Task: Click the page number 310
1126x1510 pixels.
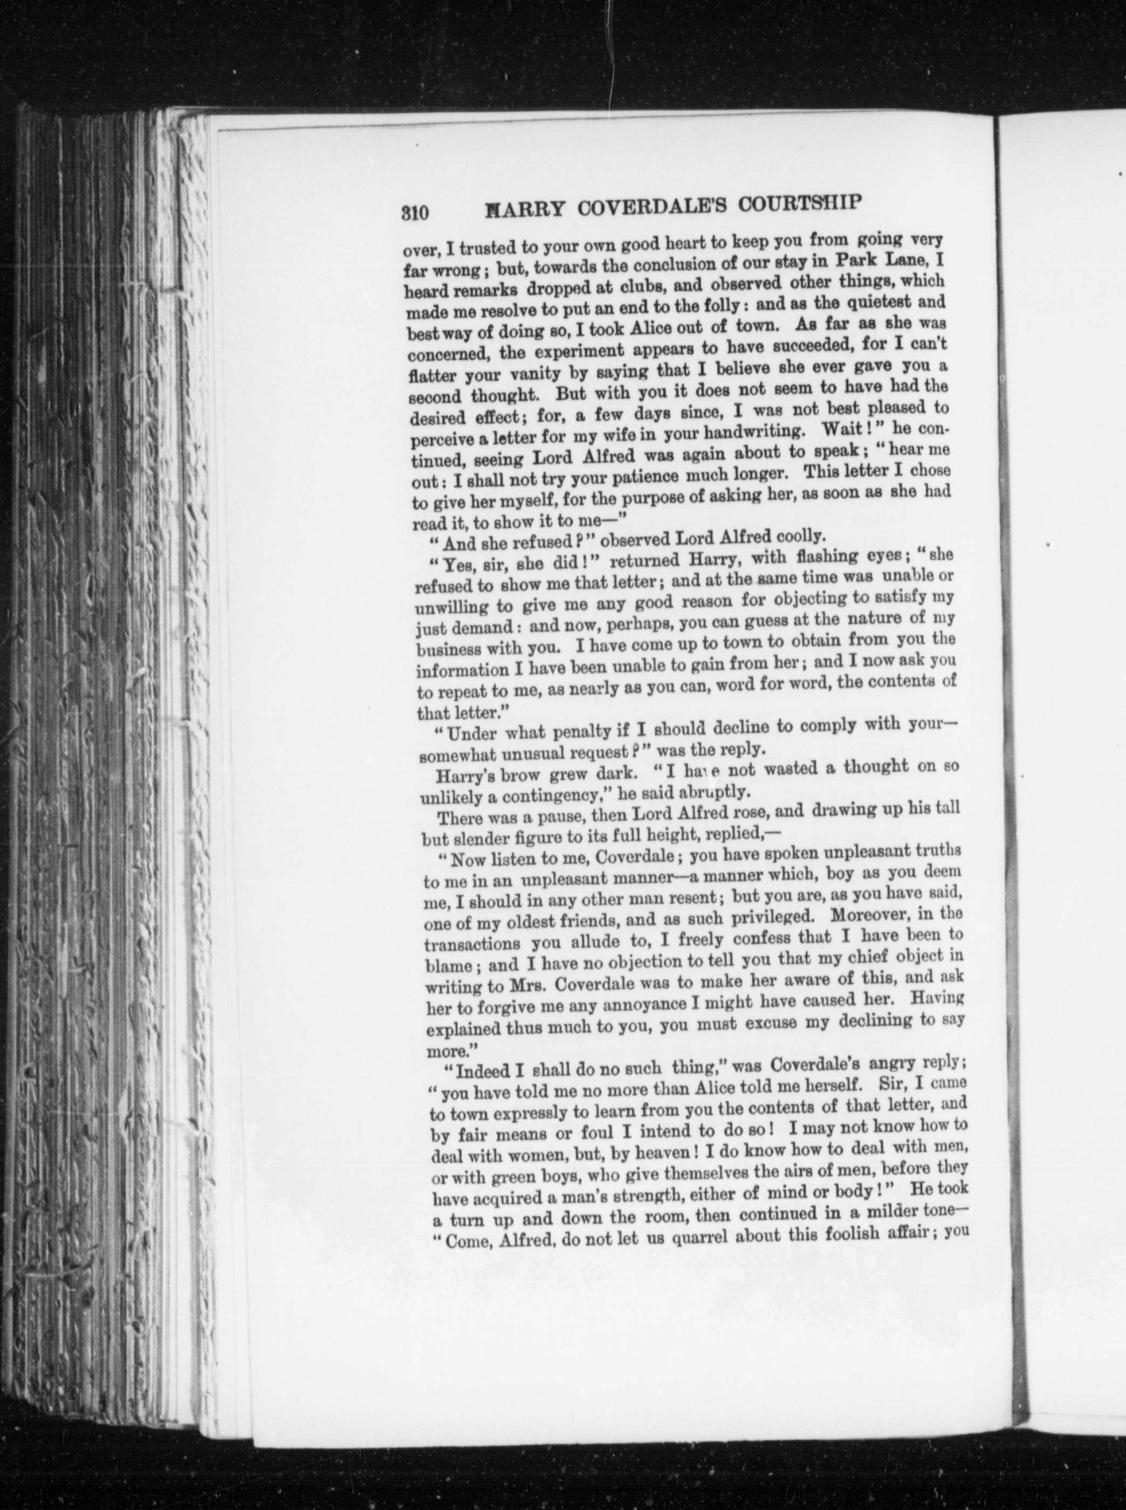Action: (414, 212)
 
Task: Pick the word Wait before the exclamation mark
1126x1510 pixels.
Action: (844, 430)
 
